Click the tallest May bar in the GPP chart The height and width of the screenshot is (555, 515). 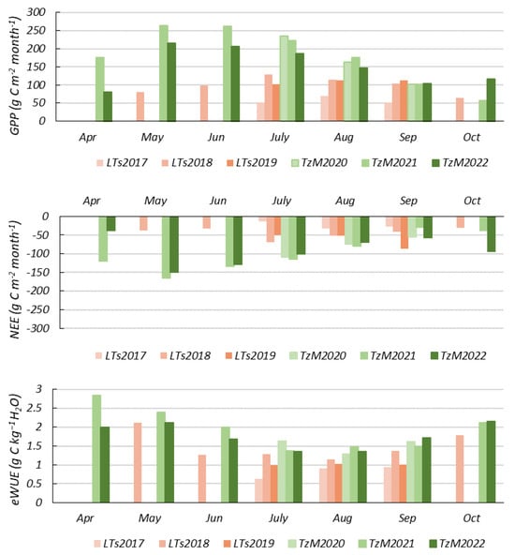point(164,73)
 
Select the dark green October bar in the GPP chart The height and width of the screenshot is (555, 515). point(491,99)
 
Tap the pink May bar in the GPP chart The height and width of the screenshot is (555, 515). point(140,107)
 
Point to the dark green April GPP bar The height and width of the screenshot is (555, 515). point(108,106)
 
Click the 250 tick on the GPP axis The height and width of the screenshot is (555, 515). point(37,30)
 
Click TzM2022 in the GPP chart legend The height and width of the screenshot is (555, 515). point(460,162)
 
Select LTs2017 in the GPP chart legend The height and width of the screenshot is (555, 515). point(122,162)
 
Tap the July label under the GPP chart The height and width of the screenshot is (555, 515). point(280,137)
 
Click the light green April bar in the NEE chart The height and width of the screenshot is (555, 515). point(103,239)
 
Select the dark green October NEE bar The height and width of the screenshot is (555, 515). point(491,234)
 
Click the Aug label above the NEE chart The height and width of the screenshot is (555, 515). point(345,201)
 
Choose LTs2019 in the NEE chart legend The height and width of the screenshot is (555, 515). point(251,355)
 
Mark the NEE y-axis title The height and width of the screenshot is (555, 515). point(15,279)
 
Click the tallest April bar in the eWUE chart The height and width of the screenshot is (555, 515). point(96,448)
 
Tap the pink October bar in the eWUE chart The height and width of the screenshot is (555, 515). point(460,469)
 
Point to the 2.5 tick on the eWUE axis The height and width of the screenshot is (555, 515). point(34,408)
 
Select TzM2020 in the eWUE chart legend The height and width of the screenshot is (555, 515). point(316,544)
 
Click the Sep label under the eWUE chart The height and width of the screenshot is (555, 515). point(407,518)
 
